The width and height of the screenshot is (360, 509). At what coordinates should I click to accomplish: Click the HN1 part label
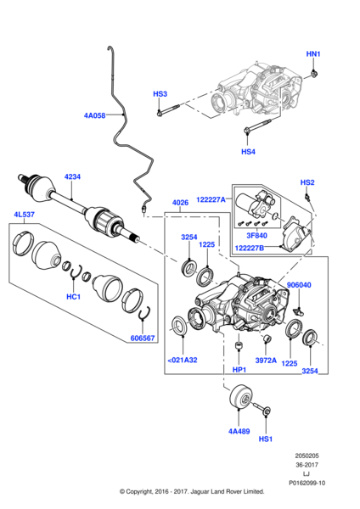pyautogui.click(x=313, y=54)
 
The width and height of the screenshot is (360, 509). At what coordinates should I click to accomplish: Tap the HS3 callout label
pyautogui.click(x=160, y=94)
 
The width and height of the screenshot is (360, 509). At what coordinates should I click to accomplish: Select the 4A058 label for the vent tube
pyautogui.click(x=94, y=115)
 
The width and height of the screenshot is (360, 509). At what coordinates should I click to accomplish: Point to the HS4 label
pyautogui.click(x=248, y=152)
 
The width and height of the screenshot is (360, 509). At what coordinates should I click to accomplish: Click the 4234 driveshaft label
pyautogui.click(x=72, y=177)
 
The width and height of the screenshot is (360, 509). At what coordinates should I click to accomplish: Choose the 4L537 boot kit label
pyautogui.click(x=24, y=215)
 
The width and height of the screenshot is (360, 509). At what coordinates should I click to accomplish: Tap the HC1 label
pyautogui.click(x=73, y=297)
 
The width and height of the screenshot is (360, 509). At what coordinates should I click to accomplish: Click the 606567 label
pyautogui.click(x=143, y=338)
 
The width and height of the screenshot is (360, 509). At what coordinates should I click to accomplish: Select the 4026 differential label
pyautogui.click(x=180, y=203)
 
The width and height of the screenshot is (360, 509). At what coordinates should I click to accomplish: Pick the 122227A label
pyautogui.click(x=211, y=199)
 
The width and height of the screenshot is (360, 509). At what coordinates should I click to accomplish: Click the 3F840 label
pyautogui.click(x=256, y=235)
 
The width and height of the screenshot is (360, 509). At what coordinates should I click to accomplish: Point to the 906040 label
pyautogui.click(x=299, y=285)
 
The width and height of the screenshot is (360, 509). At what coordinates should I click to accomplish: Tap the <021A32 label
pyautogui.click(x=183, y=360)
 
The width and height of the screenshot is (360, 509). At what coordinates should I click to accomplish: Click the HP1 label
pyautogui.click(x=239, y=370)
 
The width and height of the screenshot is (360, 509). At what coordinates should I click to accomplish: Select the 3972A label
pyautogui.click(x=266, y=361)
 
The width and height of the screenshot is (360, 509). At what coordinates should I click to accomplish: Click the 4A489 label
pyautogui.click(x=239, y=432)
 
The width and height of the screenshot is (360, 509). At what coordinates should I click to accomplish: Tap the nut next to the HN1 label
pyautogui.click(x=314, y=75)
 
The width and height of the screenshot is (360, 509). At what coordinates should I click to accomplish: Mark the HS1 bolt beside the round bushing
pyautogui.click(x=262, y=408)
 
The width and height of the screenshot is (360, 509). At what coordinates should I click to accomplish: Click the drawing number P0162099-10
pyautogui.click(x=307, y=483)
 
